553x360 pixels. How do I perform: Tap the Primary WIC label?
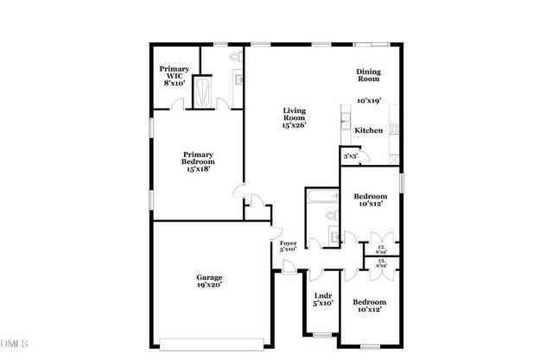173,73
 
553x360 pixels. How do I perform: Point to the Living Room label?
295,113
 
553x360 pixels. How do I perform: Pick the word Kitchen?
370,130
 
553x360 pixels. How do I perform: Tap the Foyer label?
288,243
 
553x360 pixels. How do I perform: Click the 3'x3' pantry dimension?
350,156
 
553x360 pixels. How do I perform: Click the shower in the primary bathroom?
204,91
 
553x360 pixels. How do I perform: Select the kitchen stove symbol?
394,129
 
